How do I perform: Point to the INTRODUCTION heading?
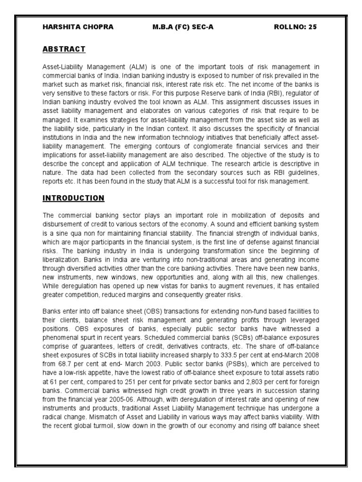pyautogui.click(x=73, y=198)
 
